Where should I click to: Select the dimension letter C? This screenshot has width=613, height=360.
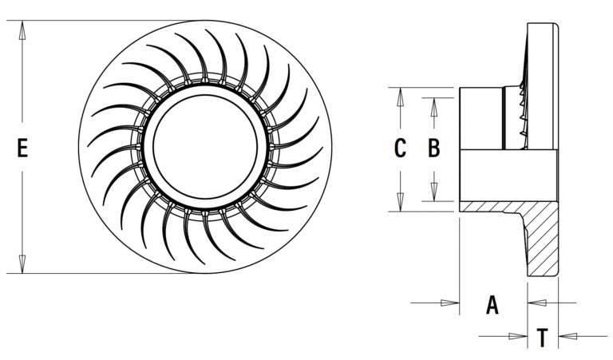401,148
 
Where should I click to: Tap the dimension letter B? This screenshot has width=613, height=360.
433,148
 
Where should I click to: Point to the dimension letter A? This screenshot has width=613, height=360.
492,303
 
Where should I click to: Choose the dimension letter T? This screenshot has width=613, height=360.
542,338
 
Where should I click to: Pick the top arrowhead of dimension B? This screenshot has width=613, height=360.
433,105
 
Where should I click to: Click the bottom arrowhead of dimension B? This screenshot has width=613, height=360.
433,194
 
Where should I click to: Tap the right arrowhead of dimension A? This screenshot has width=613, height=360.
535,303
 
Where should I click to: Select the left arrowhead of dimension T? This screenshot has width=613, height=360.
521,336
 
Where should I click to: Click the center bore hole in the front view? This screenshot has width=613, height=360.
205,148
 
